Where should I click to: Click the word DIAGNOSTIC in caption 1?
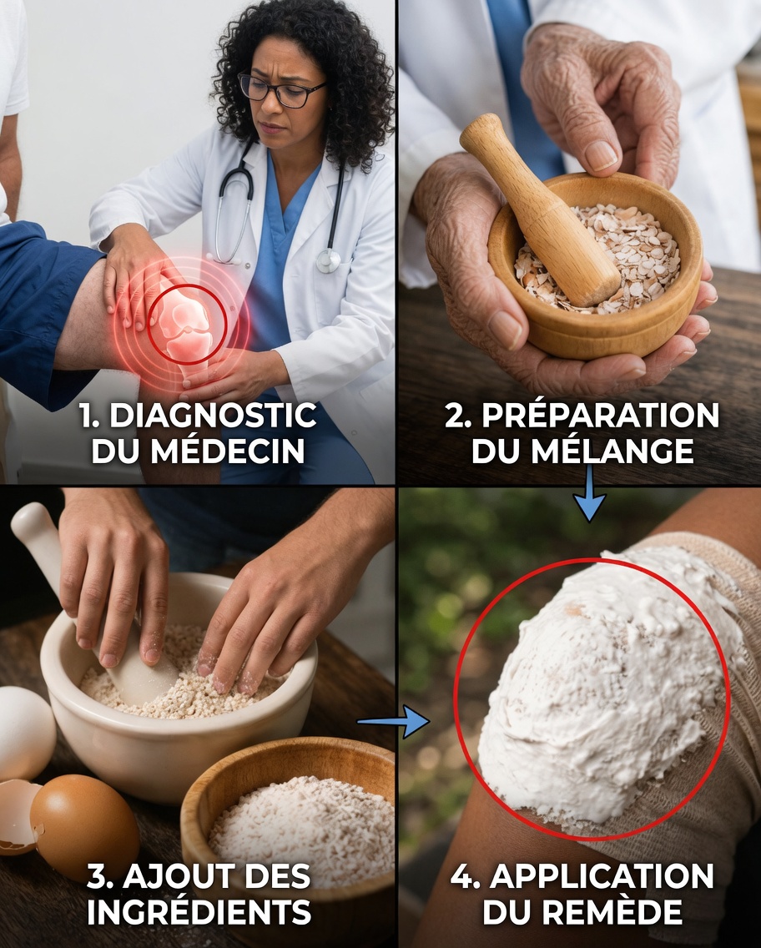tap(213, 415)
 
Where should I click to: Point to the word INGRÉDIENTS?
tap(199, 912)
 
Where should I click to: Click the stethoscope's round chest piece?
tap(328, 260)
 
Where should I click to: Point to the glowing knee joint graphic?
tap(186, 321)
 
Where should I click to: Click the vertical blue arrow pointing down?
tap(590, 495)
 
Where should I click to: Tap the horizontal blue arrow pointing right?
tap(392, 721)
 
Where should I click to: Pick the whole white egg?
tap(23, 732)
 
